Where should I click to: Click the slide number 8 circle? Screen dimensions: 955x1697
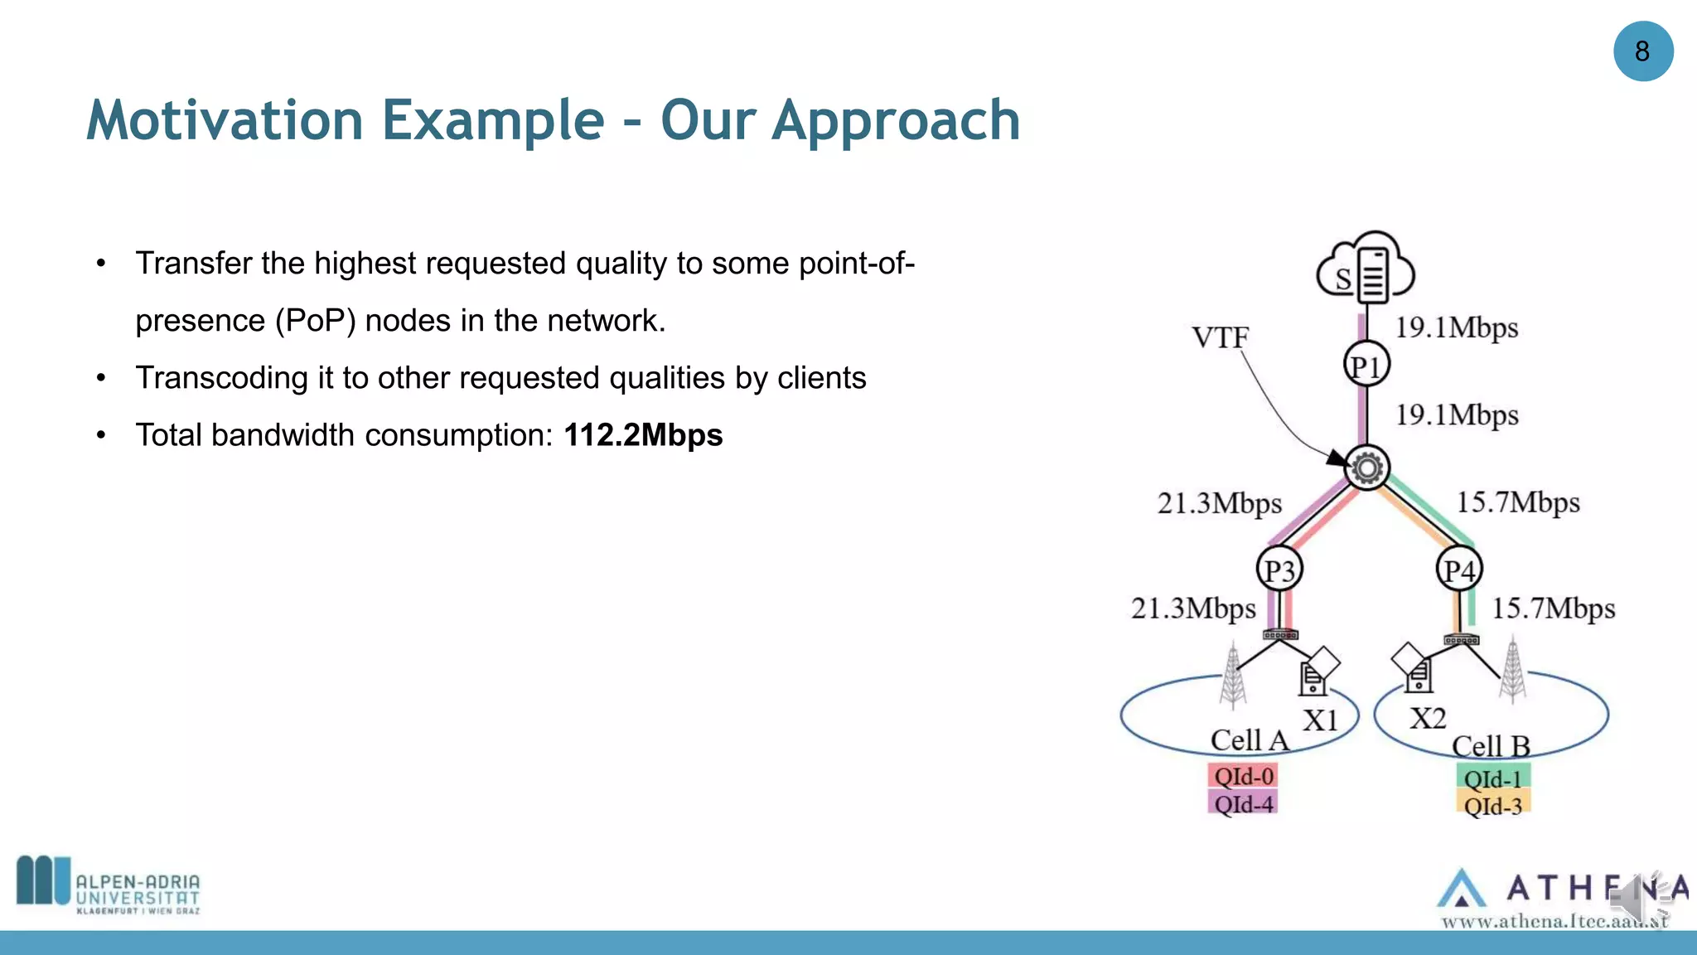[x=1642, y=51]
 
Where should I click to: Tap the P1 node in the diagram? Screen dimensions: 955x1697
[x=1366, y=365]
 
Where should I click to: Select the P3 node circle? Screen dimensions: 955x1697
[x=1279, y=570]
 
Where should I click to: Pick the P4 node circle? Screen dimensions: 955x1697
[x=1459, y=570]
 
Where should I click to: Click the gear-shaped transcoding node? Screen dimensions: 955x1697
[x=1366, y=468]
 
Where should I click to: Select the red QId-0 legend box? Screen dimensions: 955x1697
[x=1243, y=776]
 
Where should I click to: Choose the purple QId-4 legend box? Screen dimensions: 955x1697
[x=1243, y=803]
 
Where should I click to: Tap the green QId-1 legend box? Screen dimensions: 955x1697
[x=1492, y=778]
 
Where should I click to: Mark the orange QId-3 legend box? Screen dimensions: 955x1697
[x=1492, y=806]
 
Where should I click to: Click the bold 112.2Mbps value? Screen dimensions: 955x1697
[x=643, y=435]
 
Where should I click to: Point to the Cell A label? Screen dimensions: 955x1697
[x=1250, y=739]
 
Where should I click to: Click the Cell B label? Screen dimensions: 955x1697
[x=1491, y=746]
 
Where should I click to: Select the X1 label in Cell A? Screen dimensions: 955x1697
[x=1320, y=720]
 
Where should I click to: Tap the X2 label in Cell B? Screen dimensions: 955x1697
[x=1428, y=718]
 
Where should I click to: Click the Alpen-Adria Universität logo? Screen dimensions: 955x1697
[x=109, y=885]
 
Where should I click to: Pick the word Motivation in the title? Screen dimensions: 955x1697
[x=224, y=120]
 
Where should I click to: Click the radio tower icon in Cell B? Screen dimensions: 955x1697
[x=1513, y=670]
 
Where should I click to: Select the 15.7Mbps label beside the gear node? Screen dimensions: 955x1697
[x=1518, y=502]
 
